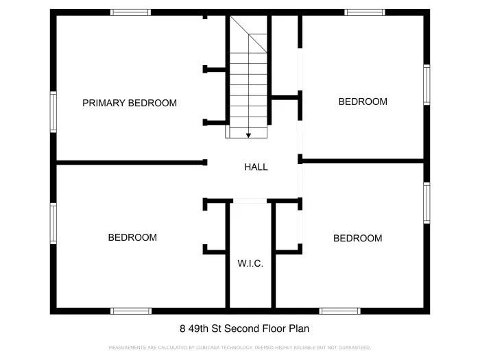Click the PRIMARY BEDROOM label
(x=130, y=103)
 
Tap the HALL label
(x=256, y=167)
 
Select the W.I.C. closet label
(x=250, y=263)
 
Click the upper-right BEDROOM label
(x=363, y=101)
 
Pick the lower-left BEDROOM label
(x=132, y=237)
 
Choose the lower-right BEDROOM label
(x=357, y=238)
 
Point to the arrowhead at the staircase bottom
(x=248, y=135)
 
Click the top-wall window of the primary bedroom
(x=130, y=12)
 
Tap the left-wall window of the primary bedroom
(x=53, y=112)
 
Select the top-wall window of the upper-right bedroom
(x=365, y=12)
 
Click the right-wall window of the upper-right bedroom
(x=427, y=85)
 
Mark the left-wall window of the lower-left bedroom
(x=53, y=223)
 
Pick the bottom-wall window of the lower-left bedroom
(x=131, y=311)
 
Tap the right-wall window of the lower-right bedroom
(x=427, y=202)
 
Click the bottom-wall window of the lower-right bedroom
(x=339, y=311)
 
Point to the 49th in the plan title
(x=198, y=328)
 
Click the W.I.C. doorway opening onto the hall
(x=250, y=201)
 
